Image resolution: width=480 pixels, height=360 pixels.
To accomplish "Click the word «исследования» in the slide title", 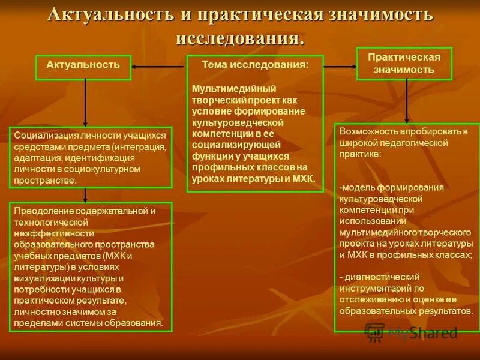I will pyautogui.click(x=239, y=38).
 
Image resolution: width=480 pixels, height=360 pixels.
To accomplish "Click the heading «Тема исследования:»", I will pyautogui.click(x=255, y=64).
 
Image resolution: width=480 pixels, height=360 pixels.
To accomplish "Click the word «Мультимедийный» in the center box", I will pyautogui.click(x=225, y=89).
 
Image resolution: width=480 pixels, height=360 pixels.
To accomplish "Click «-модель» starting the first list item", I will pyautogui.click(x=353, y=187).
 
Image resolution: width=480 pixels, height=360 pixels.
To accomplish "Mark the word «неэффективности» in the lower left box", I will pyautogui.click(x=53, y=233).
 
